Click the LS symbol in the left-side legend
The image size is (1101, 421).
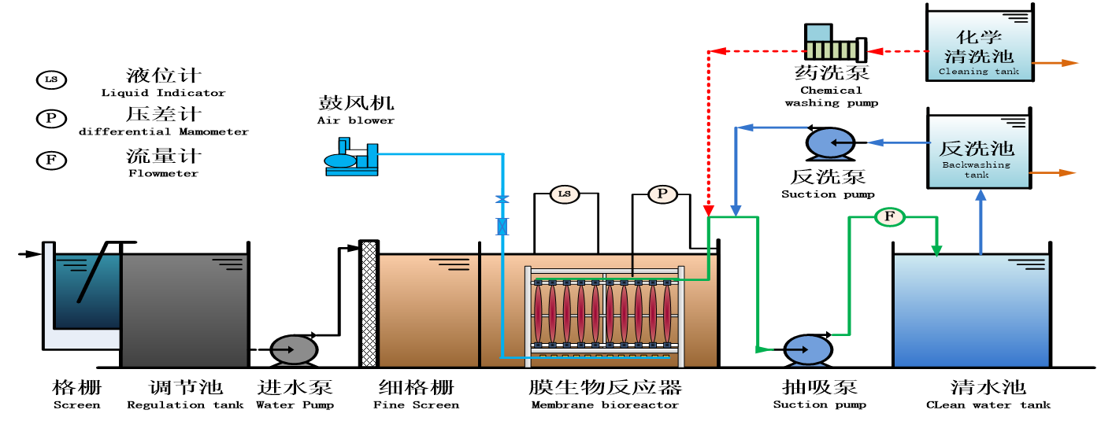point(51,79)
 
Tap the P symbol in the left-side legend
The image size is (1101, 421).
point(51,119)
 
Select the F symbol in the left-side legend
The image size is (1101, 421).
point(51,161)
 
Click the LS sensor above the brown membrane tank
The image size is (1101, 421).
point(564,194)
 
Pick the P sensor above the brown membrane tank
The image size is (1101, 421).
point(662,194)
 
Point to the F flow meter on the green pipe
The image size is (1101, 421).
point(890,216)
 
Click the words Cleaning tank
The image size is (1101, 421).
point(979,72)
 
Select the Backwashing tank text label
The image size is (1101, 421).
point(977,170)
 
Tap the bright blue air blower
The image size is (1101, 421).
point(351,157)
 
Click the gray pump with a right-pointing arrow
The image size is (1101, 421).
point(294,350)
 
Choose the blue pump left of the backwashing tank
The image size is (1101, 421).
point(831,143)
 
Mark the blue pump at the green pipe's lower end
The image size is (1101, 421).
point(808,350)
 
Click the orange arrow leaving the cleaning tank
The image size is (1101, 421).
point(1055,63)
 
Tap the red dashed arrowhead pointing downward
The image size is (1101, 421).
point(708,210)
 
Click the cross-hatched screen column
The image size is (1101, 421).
point(369,304)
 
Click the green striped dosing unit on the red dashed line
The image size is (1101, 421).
point(832,50)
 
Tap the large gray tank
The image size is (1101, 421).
point(184,311)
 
